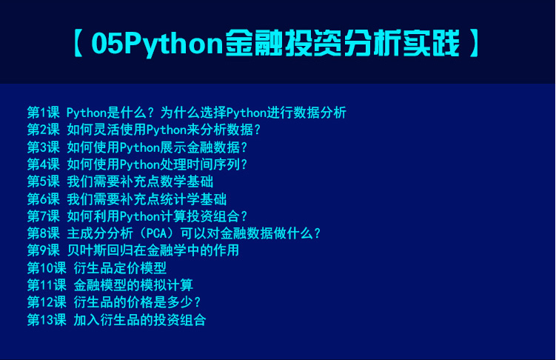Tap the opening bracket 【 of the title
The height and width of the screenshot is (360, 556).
tap(78, 43)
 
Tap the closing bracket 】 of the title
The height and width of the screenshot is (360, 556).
tap(474, 43)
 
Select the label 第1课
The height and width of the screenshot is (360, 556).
tap(44, 113)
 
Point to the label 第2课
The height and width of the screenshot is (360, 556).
tap(44, 130)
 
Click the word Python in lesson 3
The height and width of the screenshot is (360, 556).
tap(140, 147)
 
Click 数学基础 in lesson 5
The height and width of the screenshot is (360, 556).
tap(187, 181)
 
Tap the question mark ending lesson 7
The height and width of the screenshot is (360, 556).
tap(244, 216)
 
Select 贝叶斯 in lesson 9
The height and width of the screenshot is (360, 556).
tap(87, 250)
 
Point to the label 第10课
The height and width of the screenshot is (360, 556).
tap(47, 268)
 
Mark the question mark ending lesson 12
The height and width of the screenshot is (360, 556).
tap(198, 302)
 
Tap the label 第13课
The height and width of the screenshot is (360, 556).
tap(47, 319)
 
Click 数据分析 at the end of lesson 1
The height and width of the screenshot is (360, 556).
tap(320, 113)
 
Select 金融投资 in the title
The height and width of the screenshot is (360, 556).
tap(284, 43)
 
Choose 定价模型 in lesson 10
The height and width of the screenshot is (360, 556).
tap(140, 268)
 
